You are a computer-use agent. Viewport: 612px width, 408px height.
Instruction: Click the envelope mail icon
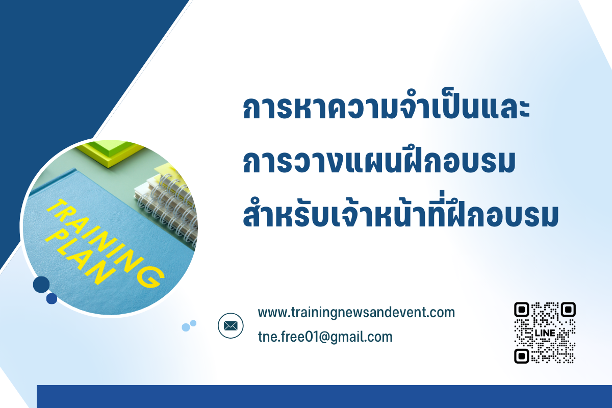click(x=231, y=325)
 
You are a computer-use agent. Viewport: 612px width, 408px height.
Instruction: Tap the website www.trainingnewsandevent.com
click(x=356, y=313)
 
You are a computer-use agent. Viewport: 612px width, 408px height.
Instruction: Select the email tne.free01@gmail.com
click(x=325, y=337)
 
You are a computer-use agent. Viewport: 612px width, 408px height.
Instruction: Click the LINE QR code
click(x=545, y=333)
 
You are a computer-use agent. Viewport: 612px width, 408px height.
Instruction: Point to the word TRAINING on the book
click(x=105, y=243)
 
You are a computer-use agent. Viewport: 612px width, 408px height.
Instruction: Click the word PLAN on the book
click(x=81, y=258)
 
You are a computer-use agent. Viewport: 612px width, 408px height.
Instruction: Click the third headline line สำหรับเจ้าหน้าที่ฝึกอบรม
click(x=400, y=211)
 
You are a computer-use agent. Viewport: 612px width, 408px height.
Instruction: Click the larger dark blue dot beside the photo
click(x=41, y=285)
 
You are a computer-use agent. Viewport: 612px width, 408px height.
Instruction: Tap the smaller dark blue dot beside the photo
click(x=52, y=299)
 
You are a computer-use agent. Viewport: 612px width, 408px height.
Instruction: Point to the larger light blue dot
click(x=186, y=327)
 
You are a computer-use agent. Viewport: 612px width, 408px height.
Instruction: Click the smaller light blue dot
click(x=193, y=323)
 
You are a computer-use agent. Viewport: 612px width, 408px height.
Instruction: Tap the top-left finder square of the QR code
click(x=522, y=310)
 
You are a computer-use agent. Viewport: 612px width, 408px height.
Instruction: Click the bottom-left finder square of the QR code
click(x=522, y=356)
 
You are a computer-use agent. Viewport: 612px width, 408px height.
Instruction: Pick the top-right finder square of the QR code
click(x=568, y=310)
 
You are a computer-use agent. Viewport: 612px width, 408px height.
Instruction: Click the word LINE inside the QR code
click(x=545, y=333)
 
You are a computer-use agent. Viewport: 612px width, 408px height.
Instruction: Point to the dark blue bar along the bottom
click(x=324, y=396)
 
